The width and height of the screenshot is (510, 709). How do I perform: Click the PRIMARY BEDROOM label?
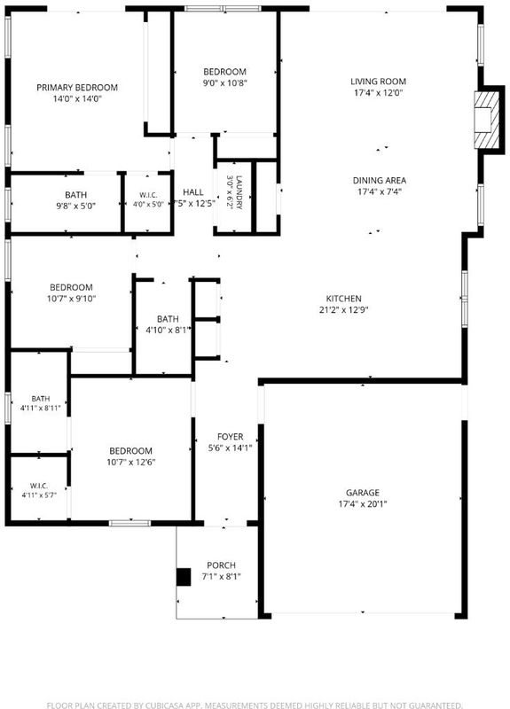tap(77, 87)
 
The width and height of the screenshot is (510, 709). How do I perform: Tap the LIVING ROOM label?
tap(379, 82)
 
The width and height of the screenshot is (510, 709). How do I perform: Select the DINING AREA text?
tap(380, 181)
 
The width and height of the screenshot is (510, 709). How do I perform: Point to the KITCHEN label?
tap(344, 299)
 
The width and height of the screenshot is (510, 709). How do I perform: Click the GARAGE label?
tap(363, 493)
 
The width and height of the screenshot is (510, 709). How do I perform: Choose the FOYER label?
tap(231, 436)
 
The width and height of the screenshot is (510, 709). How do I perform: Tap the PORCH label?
tap(221, 565)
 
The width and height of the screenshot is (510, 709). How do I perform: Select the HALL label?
tap(193, 192)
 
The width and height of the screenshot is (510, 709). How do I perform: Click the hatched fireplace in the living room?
tap(486, 120)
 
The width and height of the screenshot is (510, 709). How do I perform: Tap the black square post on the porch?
tap(184, 577)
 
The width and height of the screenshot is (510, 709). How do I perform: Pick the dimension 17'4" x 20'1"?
tap(363, 503)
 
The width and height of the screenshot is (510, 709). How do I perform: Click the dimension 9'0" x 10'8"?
tap(225, 82)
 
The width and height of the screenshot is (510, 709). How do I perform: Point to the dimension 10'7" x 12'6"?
tap(130, 462)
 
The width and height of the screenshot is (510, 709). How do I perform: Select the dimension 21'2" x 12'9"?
tap(344, 309)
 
